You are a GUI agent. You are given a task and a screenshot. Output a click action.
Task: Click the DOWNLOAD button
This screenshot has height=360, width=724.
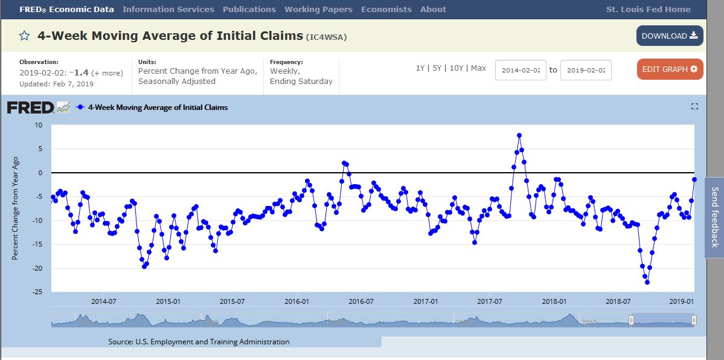pyautogui.click(x=669, y=36)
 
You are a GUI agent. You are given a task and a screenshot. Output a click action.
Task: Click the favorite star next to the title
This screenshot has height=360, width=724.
pyautogui.click(x=24, y=36)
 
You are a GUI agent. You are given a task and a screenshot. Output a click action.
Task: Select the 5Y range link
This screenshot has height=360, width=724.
pyautogui.click(x=438, y=68)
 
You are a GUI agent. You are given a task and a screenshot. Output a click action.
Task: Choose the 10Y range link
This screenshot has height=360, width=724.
pyautogui.click(x=457, y=68)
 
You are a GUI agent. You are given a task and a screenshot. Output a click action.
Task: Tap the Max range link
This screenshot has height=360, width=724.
pyautogui.click(x=478, y=68)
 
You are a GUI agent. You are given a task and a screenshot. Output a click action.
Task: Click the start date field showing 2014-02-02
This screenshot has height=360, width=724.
pyautogui.click(x=521, y=70)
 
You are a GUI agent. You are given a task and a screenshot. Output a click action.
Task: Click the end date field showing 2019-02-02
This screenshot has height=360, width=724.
pyautogui.click(x=586, y=70)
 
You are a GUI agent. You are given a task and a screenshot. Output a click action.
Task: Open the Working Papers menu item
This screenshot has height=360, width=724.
pyautogui.click(x=318, y=10)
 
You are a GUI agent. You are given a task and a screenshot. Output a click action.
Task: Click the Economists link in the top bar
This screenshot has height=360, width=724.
pyautogui.click(x=386, y=10)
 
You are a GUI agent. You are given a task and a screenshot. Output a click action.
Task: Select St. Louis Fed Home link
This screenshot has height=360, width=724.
pyautogui.click(x=648, y=10)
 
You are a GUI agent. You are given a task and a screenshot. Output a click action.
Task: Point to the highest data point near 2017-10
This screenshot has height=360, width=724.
pyautogui.click(x=519, y=135)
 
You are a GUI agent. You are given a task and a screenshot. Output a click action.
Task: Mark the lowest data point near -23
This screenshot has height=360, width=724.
pyautogui.click(x=647, y=282)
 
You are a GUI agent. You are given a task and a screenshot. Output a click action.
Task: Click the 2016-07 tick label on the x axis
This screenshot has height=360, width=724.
pyautogui.click(x=361, y=301)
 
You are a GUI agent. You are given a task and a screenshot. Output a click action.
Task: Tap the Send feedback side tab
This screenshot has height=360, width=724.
pyautogui.click(x=714, y=217)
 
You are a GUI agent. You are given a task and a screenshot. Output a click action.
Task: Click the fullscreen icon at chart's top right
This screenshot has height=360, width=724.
pyautogui.click(x=694, y=107)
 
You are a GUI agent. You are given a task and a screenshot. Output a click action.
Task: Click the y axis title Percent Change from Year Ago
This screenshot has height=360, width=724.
pyautogui.click(x=16, y=208)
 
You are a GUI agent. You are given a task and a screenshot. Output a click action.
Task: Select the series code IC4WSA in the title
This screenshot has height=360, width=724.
pyautogui.click(x=327, y=37)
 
